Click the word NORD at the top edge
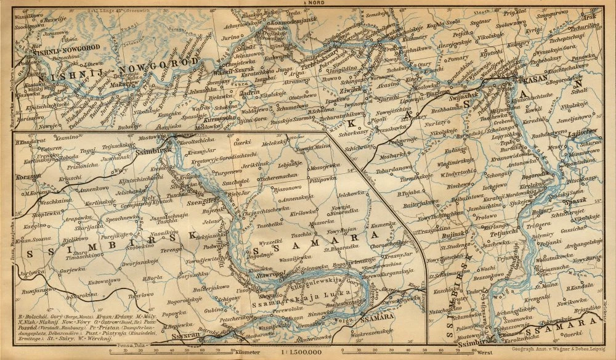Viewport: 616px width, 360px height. coord(308,2)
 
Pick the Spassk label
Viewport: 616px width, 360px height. coord(576,202)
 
